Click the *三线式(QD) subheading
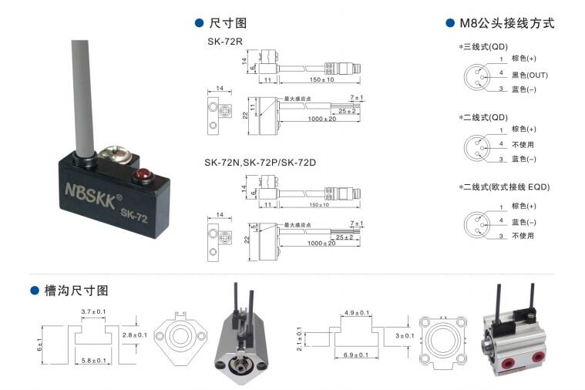pyautogui.click(x=483, y=46)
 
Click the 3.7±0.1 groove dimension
pyautogui.click(x=94, y=312)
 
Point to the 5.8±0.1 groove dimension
pyautogui.click(x=94, y=360)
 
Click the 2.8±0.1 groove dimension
pyautogui.click(x=135, y=335)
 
